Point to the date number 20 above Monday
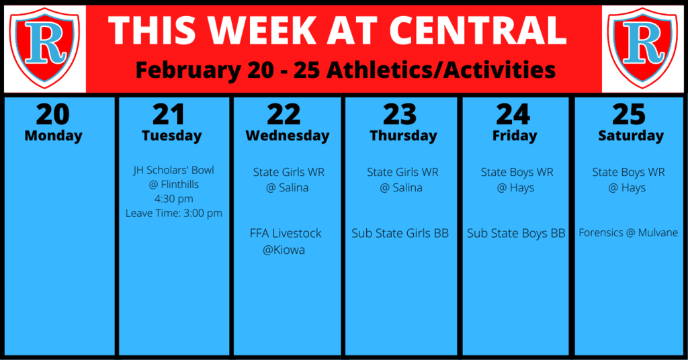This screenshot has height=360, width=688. (x=52, y=114)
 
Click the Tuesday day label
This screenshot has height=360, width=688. (x=171, y=136)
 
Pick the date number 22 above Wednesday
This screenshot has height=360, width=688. (x=284, y=114)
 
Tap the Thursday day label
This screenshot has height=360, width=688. (x=403, y=136)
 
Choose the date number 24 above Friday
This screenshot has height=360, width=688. (x=513, y=114)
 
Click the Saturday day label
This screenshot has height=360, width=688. (x=630, y=136)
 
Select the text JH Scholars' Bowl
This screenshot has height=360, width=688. (x=174, y=170)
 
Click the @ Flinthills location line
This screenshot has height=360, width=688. (x=174, y=184)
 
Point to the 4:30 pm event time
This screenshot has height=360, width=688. (x=174, y=199)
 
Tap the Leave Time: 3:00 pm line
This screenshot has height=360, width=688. (x=174, y=213)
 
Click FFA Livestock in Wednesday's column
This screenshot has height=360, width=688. (x=286, y=233)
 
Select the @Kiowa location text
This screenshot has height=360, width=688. (x=284, y=250)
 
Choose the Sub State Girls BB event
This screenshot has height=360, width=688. (x=400, y=233)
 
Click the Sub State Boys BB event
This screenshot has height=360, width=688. (x=516, y=233)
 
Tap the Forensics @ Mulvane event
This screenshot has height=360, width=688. (x=628, y=233)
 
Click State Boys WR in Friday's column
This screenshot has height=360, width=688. (x=517, y=173)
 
